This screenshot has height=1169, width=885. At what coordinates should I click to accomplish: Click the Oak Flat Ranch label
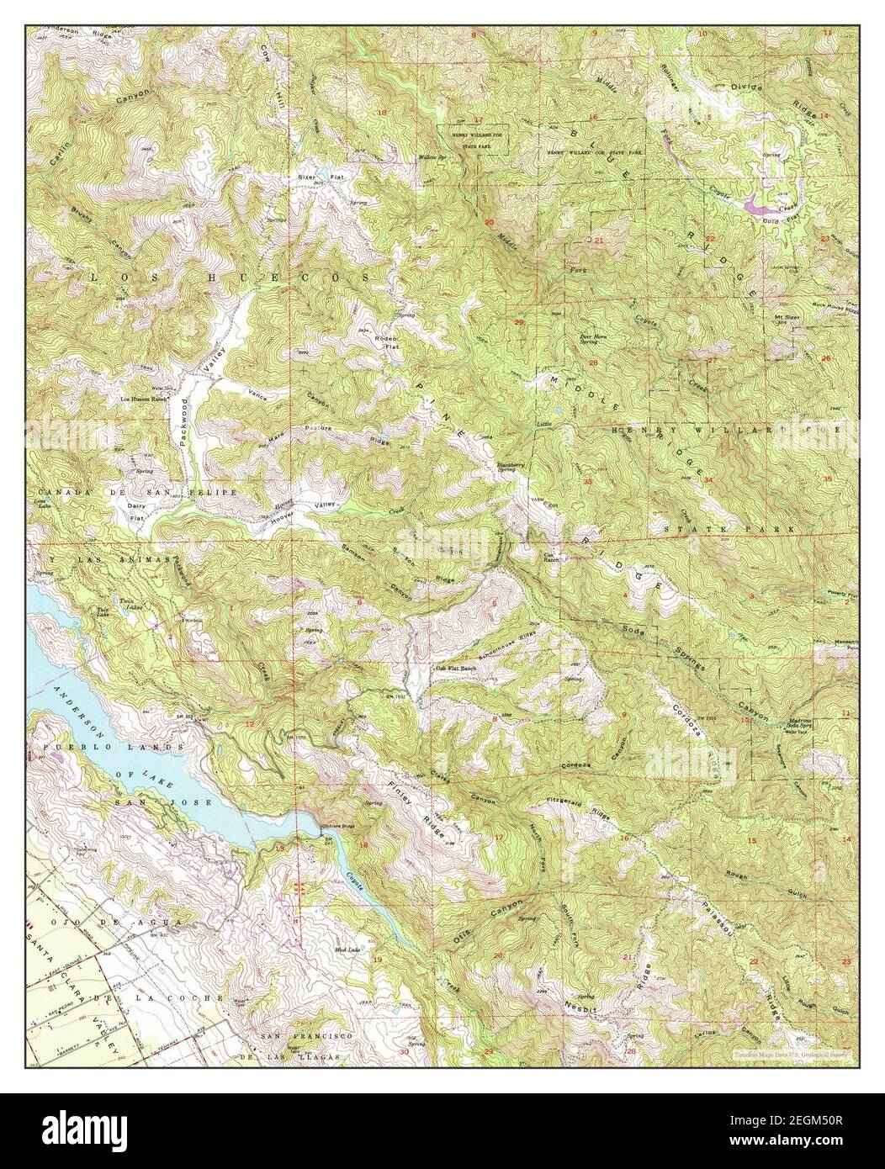click(456, 669)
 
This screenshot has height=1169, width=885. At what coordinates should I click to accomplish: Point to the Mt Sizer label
click(785, 316)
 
